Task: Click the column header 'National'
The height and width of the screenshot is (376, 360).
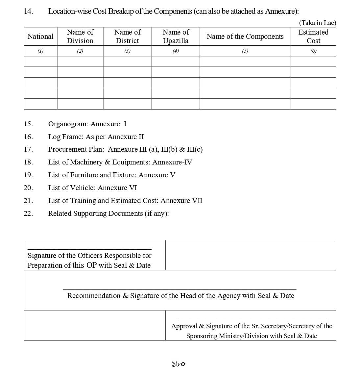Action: pos(40,37)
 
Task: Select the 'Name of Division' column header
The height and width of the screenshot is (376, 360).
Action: pos(80,37)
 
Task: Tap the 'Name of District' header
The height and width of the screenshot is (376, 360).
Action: pos(127,37)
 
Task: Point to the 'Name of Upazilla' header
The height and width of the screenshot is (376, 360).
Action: pos(176,37)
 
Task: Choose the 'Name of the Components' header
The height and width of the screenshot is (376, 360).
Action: pos(245,37)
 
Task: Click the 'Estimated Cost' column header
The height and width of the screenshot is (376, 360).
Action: pos(313,37)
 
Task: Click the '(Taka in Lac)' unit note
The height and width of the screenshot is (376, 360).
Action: pos(317,23)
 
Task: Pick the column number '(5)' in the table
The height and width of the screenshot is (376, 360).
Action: pos(245,51)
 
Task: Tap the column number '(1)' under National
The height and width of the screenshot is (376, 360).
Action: pos(40,51)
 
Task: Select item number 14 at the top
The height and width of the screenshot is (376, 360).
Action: pos(28,11)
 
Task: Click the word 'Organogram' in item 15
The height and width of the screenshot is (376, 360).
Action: pos(67,124)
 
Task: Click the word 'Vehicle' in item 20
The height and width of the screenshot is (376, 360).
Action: pos(82,188)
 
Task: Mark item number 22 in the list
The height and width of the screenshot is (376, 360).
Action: pos(28,213)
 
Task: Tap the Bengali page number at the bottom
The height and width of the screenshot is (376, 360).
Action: pos(179,364)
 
